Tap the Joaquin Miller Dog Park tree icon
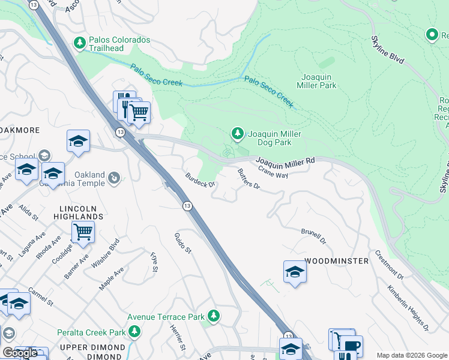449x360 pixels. pyautogui.click(x=238, y=133)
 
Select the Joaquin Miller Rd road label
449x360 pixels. pyautogui.click(x=285, y=161)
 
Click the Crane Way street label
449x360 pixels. pyautogui.click(x=274, y=172)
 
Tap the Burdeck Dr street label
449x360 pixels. pyautogui.click(x=200, y=181)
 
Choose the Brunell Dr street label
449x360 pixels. pyautogui.click(x=313, y=236)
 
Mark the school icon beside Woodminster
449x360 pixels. pyautogui.click(x=294, y=272)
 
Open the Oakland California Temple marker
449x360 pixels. pyautogui.click(x=114, y=178)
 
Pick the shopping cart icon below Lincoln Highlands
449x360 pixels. pyautogui.click(x=83, y=231)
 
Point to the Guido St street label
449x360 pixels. pyautogui.click(x=182, y=242)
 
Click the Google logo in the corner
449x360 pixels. pyautogui.click(x=20, y=353)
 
